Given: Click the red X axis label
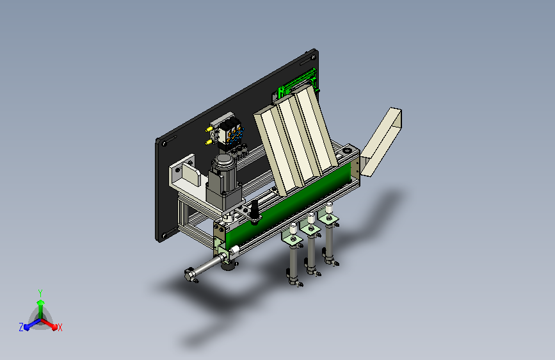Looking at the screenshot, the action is coord(60,327).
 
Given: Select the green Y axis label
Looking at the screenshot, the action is coord(40,293).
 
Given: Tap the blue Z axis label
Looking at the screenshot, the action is coord(21,327).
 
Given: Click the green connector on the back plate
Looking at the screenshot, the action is coord(297,83).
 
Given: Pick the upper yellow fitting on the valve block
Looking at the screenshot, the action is coord(209,129).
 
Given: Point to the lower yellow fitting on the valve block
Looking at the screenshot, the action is coord(209,142).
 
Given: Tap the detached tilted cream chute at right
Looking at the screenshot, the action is coord(382,142).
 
